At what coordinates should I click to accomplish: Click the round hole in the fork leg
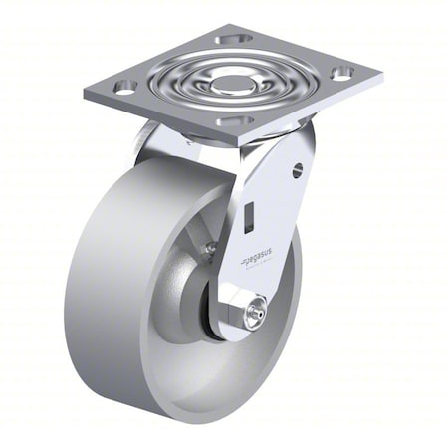coord(297,170)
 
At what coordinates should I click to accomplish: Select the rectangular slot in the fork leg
coord(249,214)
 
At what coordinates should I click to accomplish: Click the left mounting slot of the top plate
coord(125,87)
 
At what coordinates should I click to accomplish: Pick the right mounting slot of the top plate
coord(341,72)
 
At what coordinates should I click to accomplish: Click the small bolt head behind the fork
coord(210,247)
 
